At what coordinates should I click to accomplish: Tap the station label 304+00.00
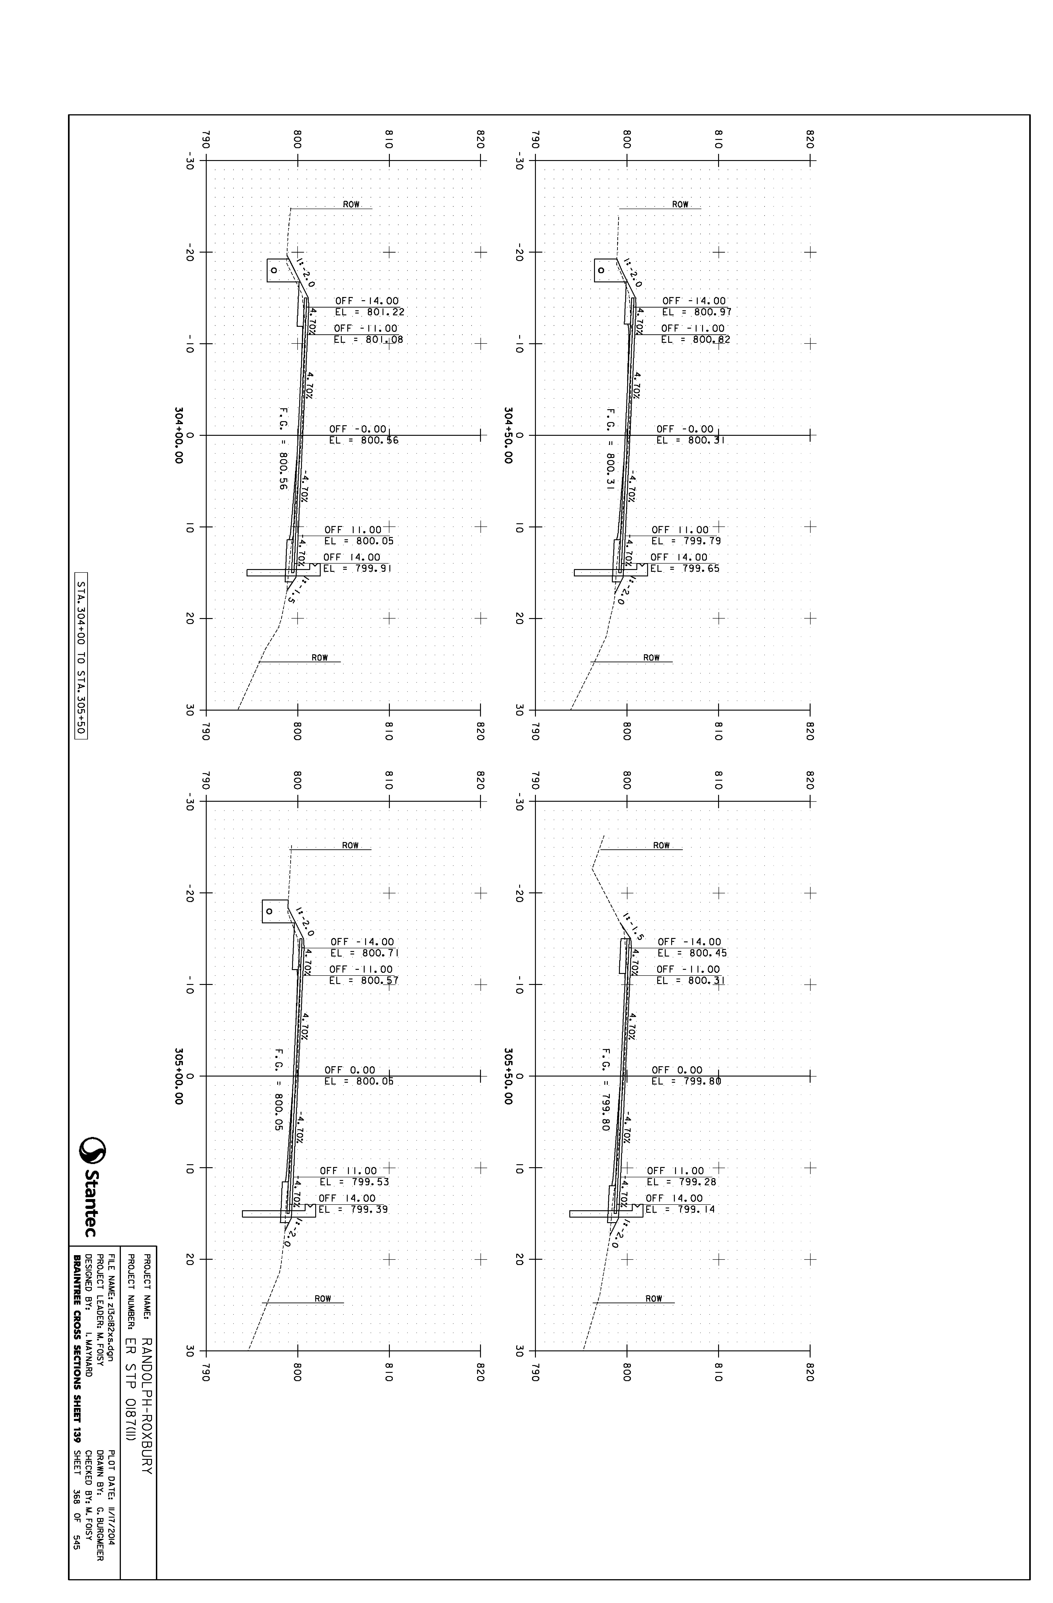tap(179, 435)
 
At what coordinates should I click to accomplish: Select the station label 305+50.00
tap(508, 1076)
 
